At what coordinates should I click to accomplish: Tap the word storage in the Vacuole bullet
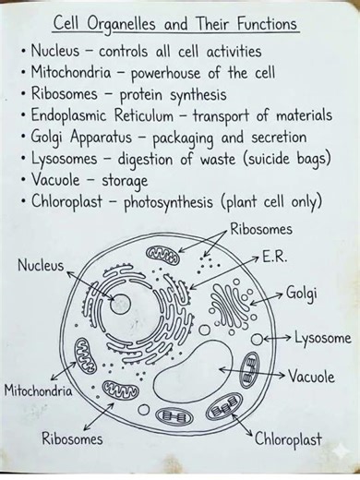126,180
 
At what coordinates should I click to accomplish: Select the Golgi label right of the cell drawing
303,293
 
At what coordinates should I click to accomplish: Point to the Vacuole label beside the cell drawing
311,377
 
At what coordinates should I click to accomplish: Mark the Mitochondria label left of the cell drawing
39,390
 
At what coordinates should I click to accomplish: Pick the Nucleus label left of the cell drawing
41,266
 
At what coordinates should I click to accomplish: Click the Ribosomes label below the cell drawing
72,439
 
